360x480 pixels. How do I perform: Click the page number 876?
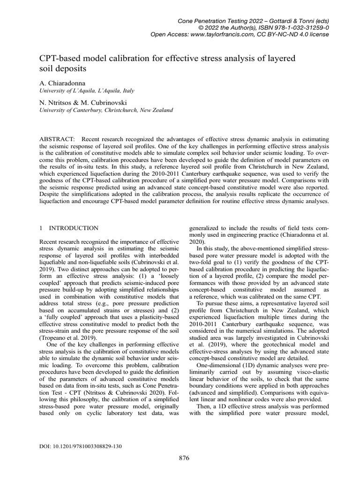(x=184, y=458)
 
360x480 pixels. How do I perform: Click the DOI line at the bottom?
(x=80, y=446)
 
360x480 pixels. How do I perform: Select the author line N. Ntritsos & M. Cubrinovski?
(x=82, y=102)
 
